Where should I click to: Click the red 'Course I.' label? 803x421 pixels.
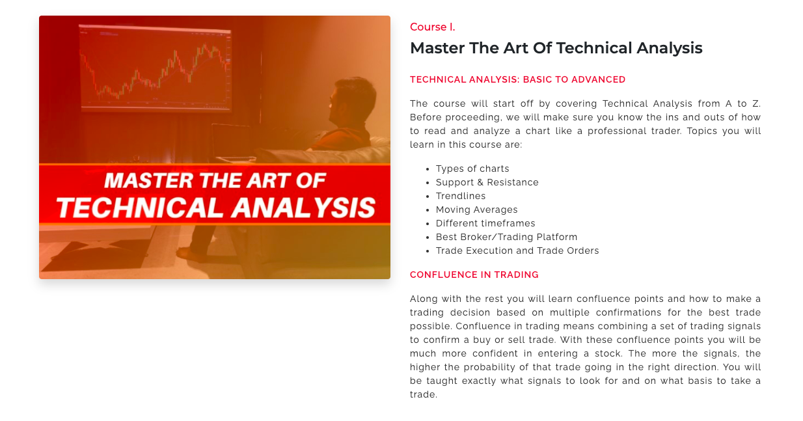[432, 27]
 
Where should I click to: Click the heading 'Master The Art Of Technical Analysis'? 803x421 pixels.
[556, 48]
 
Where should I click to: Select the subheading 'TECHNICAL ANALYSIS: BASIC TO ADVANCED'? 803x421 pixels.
[517, 79]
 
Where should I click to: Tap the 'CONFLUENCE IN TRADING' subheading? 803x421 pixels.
[474, 275]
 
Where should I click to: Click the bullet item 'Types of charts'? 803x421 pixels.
[472, 169]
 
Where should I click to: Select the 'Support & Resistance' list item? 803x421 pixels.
[487, 183]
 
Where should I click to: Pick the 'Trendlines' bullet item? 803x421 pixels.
[461, 196]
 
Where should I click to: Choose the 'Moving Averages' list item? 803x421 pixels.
[477, 210]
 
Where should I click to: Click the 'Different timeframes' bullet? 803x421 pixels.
[485, 223]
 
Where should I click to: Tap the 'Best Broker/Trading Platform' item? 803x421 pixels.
[506, 237]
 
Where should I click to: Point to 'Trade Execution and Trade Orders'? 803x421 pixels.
[517, 251]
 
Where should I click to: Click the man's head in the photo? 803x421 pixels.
[351, 100]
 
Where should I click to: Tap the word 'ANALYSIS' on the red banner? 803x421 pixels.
[303, 208]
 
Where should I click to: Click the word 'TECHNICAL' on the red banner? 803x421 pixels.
[140, 208]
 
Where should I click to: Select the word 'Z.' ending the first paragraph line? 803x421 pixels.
[756, 103]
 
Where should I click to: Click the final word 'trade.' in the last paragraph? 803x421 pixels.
[424, 395]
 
